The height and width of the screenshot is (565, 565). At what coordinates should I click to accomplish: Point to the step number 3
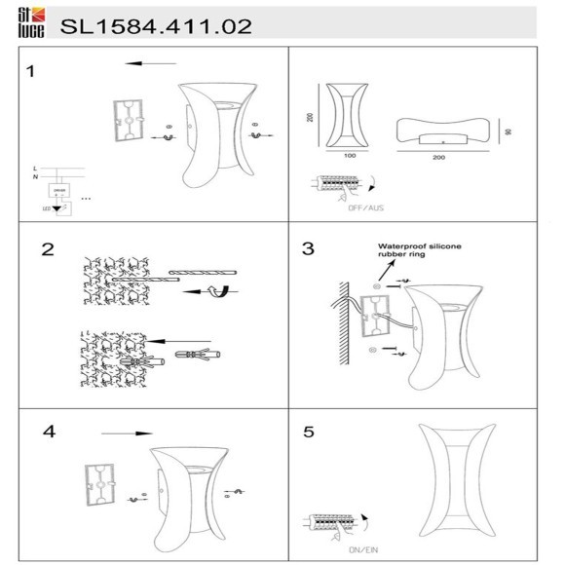click(309, 248)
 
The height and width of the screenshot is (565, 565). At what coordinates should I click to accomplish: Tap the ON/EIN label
click(351, 551)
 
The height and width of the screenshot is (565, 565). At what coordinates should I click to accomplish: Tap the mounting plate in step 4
click(99, 484)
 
